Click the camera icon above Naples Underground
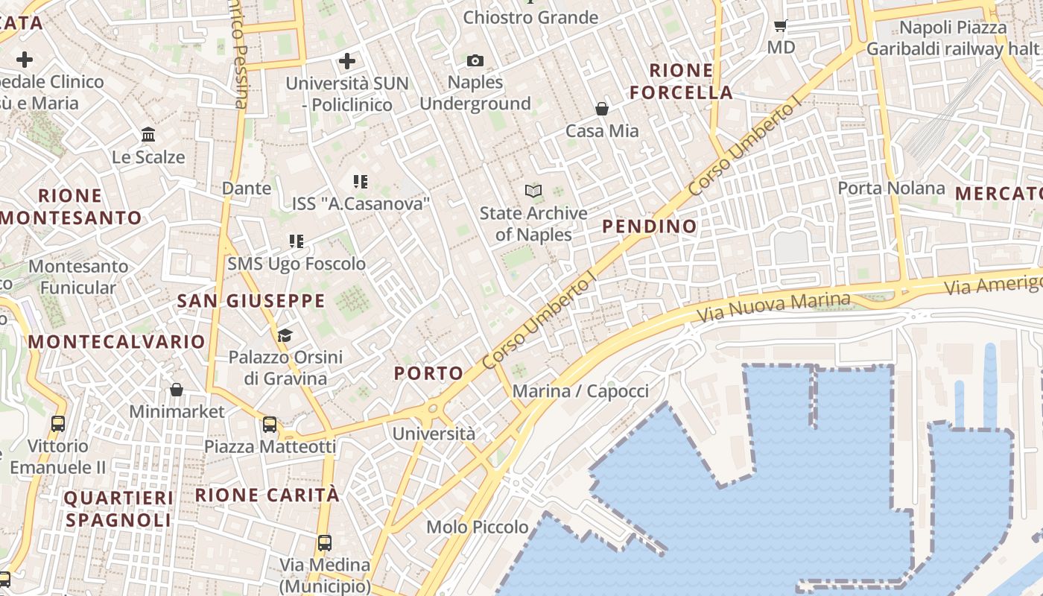pos(475,60)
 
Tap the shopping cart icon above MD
pos(780,26)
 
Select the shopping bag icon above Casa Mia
pos(602,109)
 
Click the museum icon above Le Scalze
pos(148,135)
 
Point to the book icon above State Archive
pos(533,191)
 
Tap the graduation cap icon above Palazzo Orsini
pos(285,335)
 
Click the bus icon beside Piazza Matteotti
pos(270,425)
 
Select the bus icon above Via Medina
pos(324,542)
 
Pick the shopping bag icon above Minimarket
pos(177,390)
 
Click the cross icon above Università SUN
pos(347,60)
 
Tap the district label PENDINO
pos(650,226)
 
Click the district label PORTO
pos(428,373)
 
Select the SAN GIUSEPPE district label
pos(251,301)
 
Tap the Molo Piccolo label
pos(478,527)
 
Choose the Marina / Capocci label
pos(580,391)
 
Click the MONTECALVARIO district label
pos(116,342)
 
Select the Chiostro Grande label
pos(530,17)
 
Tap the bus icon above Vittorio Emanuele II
pos(58,424)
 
